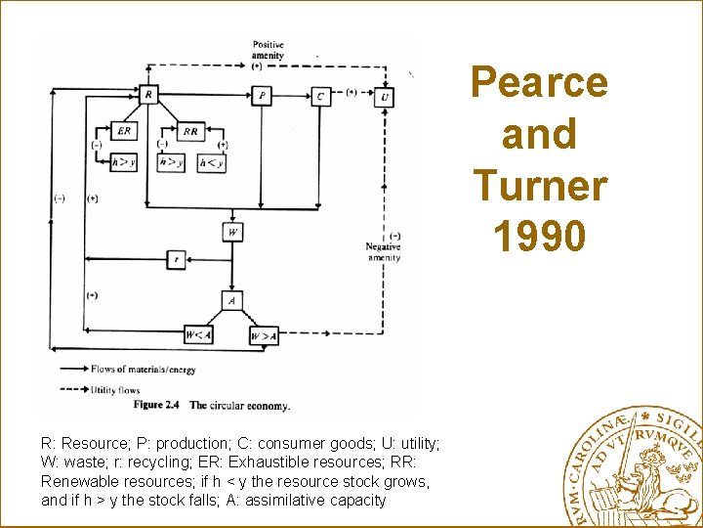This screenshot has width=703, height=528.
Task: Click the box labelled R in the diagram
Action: pos(148,95)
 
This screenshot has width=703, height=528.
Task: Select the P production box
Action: pos(261,95)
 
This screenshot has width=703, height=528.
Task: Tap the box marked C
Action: pos(320,95)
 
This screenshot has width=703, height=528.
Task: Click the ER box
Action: pos(124,131)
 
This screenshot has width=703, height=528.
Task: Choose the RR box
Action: pos(190,131)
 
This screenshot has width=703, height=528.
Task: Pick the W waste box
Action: pos(232,232)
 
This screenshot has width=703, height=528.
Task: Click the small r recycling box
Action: pos(177,259)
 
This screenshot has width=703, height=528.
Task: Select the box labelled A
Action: pos(232,300)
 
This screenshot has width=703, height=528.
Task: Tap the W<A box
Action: pos(198,335)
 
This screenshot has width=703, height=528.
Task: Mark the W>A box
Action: pos(264,335)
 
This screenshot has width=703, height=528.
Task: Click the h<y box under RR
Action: pos(211,163)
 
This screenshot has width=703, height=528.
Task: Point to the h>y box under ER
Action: pos(123,163)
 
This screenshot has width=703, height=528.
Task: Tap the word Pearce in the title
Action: pos(539,82)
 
